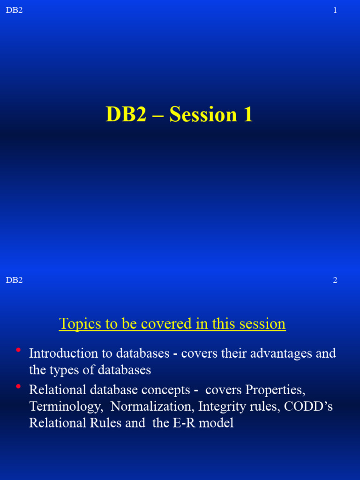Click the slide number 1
coord(335,10)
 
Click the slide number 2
coord(335,280)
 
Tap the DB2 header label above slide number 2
coord(14,280)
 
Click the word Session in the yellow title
coord(203,115)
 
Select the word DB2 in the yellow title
coord(126,115)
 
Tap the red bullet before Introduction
coord(18,350)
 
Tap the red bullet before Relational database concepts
coord(18,387)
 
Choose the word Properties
coord(275,390)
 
